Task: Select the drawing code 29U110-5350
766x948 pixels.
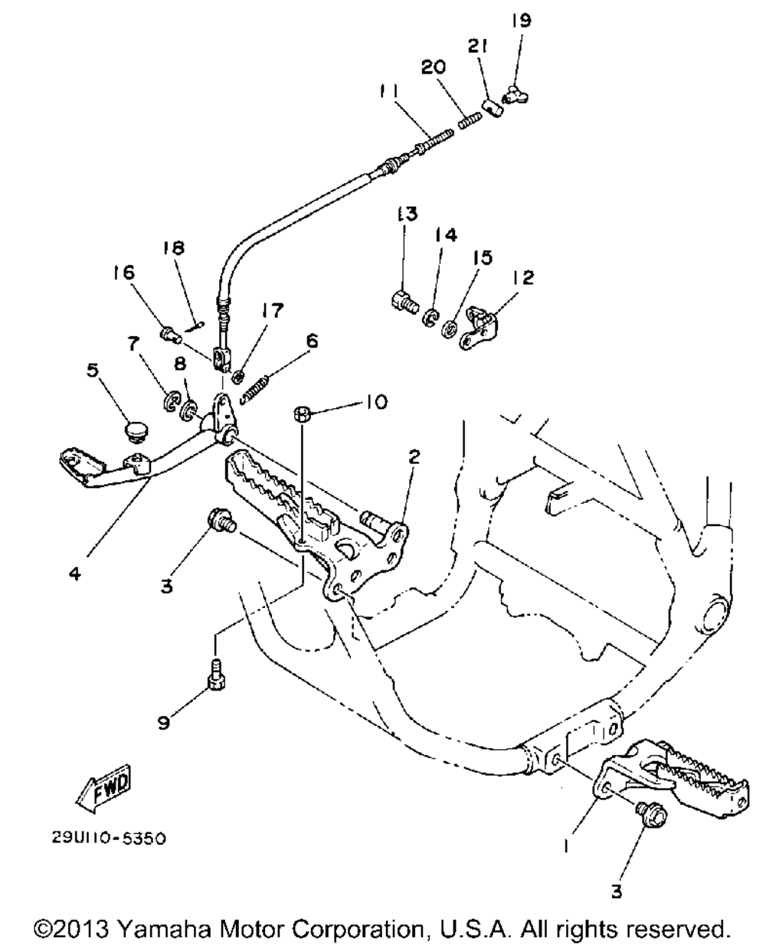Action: click(108, 838)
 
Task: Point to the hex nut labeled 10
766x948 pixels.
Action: click(302, 414)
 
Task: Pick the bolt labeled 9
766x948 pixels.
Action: click(215, 677)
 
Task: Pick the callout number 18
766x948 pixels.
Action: click(174, 248)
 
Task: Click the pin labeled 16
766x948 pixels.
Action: click(170, 333)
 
